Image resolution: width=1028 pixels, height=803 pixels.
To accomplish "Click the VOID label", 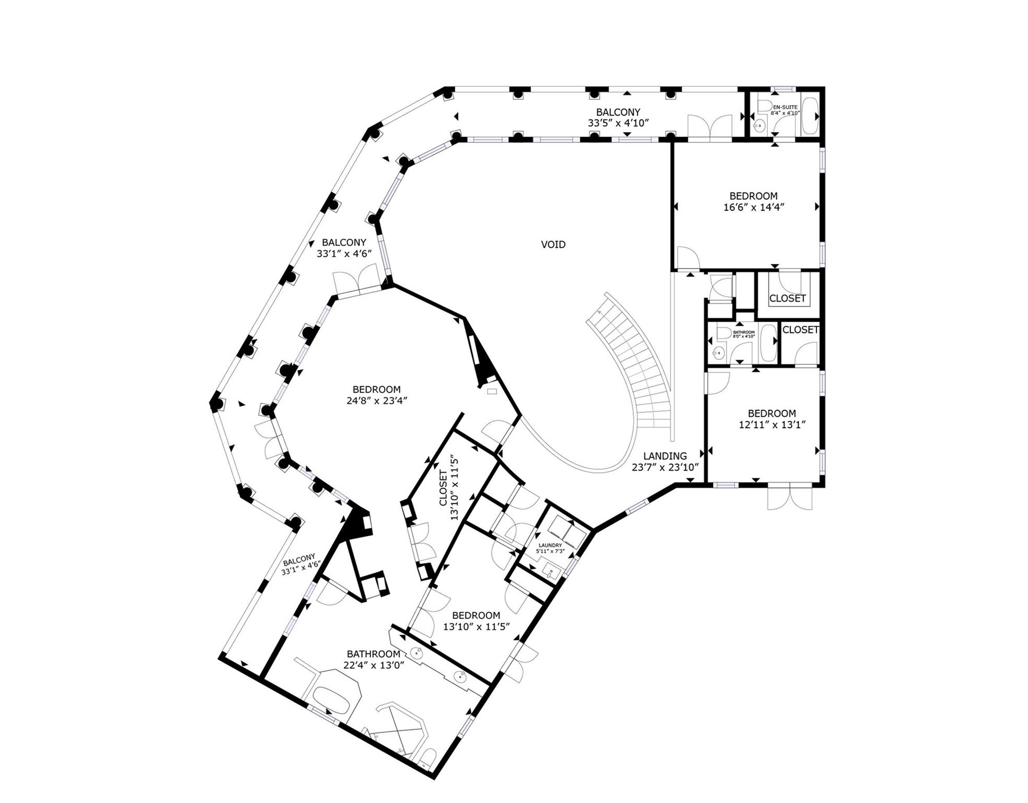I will (x=552, y=244).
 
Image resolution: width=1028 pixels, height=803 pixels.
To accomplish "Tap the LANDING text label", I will (x=664, y=456).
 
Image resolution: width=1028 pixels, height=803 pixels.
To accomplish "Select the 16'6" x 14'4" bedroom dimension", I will (x=753, y=207).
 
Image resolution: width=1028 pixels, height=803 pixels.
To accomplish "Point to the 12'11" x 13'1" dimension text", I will (x=771, y=425).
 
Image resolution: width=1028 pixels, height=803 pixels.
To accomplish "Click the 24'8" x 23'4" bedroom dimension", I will (x=376, y=401).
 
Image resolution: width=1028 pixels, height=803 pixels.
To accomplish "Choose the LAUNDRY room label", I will (x=550, y=545).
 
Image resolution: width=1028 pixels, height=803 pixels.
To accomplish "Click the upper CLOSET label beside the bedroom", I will (x=787, y=299).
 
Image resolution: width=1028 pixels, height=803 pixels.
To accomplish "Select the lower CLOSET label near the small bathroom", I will (x=800, y=330).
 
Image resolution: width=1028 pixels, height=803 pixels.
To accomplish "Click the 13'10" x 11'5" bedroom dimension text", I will (x=476, y=626).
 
